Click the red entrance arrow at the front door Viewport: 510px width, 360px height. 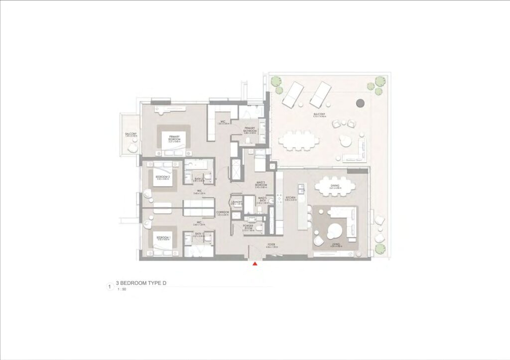coord(255,263)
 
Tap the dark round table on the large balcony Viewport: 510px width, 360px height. coord(360,103)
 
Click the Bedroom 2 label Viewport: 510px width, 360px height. coord(163,177)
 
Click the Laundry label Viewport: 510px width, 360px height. coord(237,202)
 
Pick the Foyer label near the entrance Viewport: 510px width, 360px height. coord(271,245)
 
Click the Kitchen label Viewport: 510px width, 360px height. coord(291,198)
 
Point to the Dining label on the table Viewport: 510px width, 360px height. coord(335,186)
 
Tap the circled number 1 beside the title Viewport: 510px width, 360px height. coord(109,286)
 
